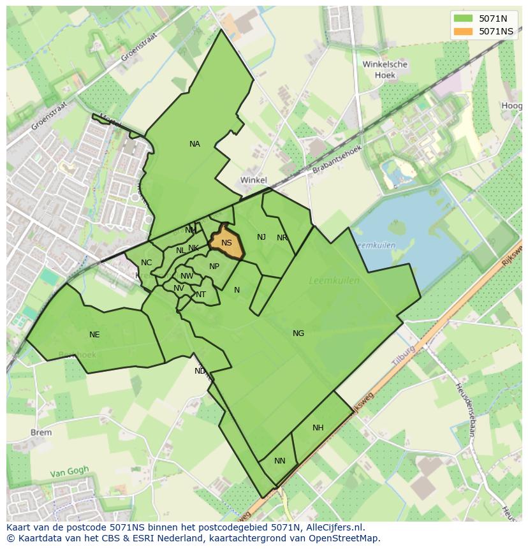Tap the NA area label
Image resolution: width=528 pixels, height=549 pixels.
click(x=194, y=144)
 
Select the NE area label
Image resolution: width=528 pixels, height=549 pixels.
click(x=94, y=335)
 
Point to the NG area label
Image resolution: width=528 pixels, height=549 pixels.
click(x=298, y=333)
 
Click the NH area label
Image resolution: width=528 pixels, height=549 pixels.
click(x=318, y=428)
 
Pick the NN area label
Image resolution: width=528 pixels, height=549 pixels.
click(x=280, y=461)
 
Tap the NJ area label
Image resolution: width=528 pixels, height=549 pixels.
click(x=261, y=237)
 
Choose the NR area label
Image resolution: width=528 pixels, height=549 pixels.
click(x=282, y=238)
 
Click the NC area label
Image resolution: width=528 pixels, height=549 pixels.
click(x=147, y=263)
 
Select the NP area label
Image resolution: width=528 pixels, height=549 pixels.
click(x=214, y=267)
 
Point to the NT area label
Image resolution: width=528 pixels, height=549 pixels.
click(x=201, y=295)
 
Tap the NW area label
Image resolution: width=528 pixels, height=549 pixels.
click(x=187, y=276)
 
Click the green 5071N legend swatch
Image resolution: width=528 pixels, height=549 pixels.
click(x=464, y=18)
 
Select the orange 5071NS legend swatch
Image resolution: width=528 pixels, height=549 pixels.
click(x=464, y=31)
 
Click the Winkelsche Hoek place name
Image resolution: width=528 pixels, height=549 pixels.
click(x=385, y=70)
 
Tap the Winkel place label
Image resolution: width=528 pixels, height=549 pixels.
click(x=254, y=180)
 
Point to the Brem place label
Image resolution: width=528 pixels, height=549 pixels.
click(x=41, y=432)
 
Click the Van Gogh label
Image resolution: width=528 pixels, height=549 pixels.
click(x=70, y=472)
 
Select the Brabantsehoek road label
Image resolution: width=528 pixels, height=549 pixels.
click(x=337, y=160)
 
